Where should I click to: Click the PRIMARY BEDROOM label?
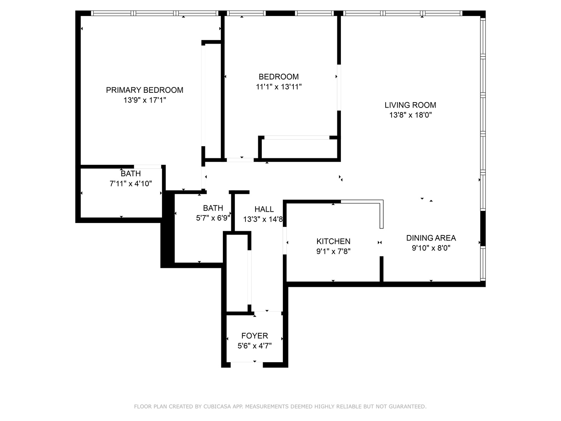145,90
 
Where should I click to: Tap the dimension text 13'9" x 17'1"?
145,100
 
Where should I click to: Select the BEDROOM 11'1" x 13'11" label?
279,77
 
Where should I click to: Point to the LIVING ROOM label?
410,105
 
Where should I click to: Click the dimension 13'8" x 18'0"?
410,115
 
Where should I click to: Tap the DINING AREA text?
431,238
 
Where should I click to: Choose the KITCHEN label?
333,241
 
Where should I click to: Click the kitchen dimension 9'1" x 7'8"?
333,251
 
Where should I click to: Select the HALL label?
264,209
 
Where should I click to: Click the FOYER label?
254,336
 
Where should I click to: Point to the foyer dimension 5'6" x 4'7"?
254,346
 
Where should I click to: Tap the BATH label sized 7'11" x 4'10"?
131,173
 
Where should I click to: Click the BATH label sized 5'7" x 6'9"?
213,208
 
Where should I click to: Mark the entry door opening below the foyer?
247,364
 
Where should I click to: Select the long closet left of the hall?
237,273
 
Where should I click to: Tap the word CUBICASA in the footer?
216,407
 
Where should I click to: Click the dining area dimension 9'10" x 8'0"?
431,248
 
